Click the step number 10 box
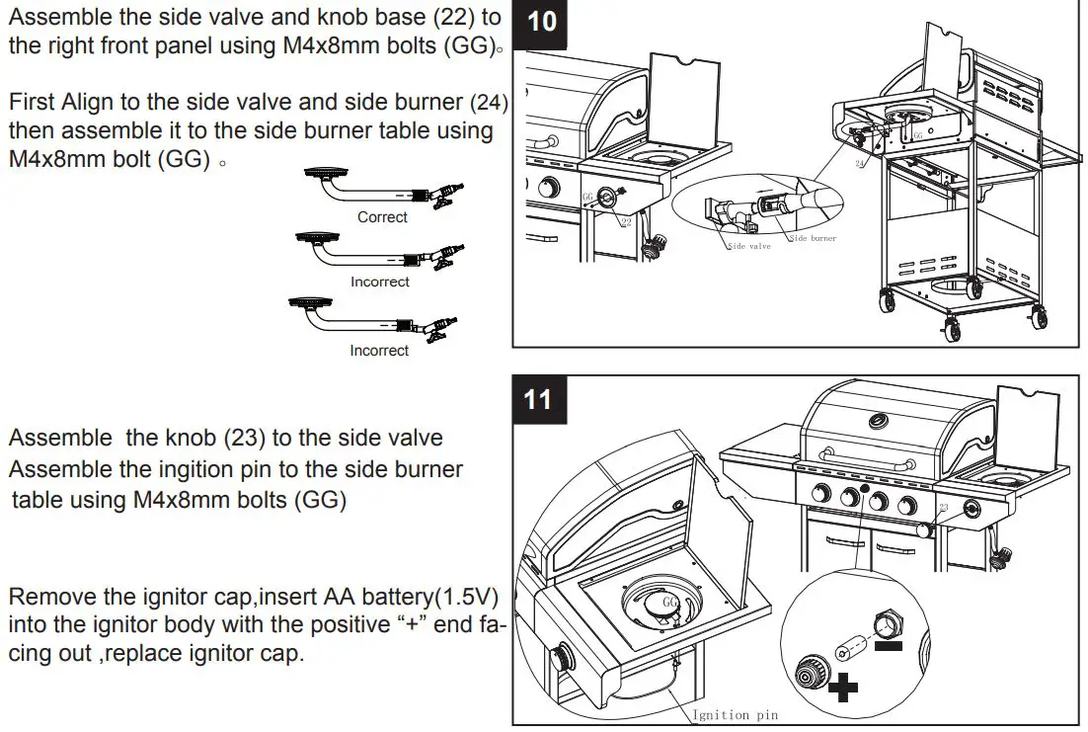(542, 21)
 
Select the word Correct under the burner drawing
(382, 217)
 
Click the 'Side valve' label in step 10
(749, 246)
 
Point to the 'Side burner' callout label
(813, 238)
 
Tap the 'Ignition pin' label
(736, 714)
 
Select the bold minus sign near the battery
(889, 647)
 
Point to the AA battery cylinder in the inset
(848, 644)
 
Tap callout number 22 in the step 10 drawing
(626, 222)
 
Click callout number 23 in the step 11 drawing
(944, 507)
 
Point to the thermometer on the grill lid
(876, 422)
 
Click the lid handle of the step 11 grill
(859, 473)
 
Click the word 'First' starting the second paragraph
(34, 102)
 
